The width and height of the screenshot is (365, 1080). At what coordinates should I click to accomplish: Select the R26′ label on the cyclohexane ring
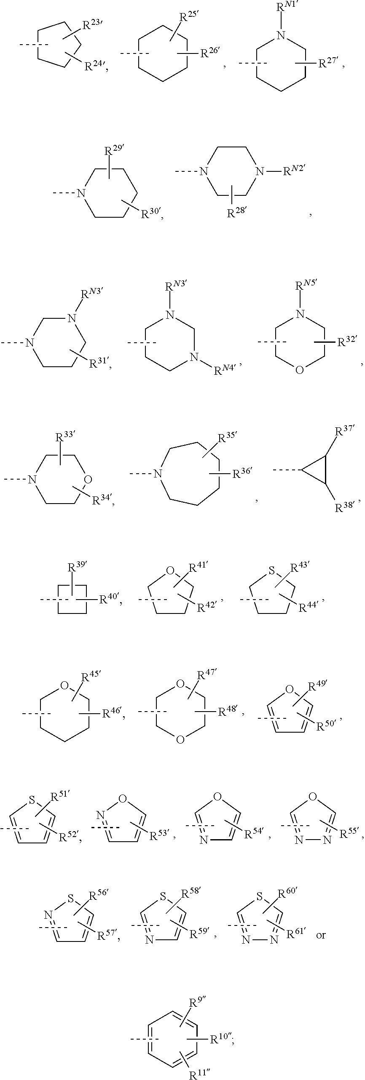pos(209,53)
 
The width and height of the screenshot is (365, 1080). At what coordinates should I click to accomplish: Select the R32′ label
pos(347,341)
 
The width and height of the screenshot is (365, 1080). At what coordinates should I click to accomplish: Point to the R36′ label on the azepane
pos(242,474)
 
